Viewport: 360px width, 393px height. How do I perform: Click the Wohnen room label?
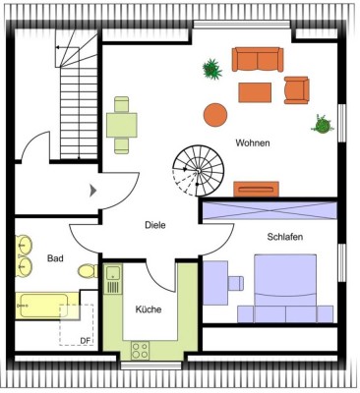coord(252,143)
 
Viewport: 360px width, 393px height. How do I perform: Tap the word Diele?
coord(154,225)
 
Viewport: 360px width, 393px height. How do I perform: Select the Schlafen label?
coord(283,237)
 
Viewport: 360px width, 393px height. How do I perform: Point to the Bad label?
coord(55,258)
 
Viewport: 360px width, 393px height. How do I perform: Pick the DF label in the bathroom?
coord(85,340)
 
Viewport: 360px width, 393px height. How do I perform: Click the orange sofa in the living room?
coord(257,60)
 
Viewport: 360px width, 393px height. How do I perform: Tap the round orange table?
coord(215,114)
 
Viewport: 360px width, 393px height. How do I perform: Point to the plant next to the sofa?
coord(210,68)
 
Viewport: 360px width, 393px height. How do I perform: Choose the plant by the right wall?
coord(321,124)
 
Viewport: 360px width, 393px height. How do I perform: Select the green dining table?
coord(122,124)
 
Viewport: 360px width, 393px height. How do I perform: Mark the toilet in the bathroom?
coord(87,270)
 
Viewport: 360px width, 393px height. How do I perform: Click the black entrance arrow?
coord(92,189)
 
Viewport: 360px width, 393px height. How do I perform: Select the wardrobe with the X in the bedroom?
coord(268,209)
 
